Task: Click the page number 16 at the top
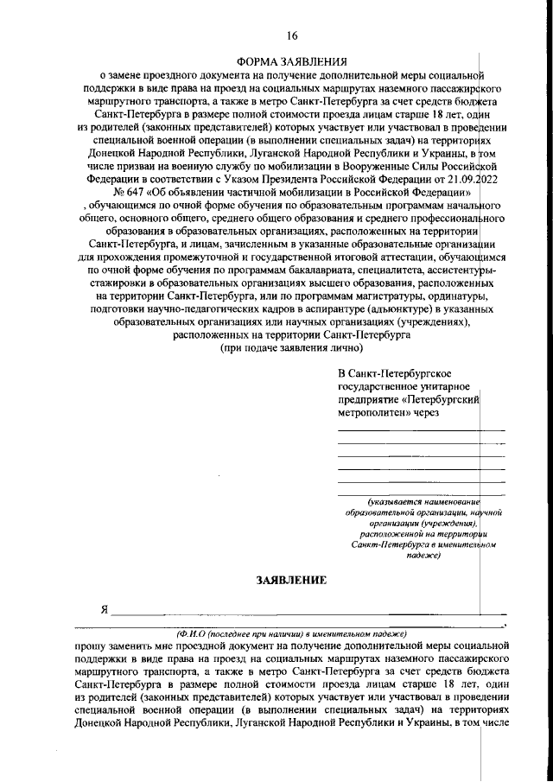tap(292, 35)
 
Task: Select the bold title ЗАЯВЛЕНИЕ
tap(291, 580)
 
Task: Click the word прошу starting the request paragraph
tap(92, 645)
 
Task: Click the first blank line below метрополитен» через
tap(421, 429)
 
